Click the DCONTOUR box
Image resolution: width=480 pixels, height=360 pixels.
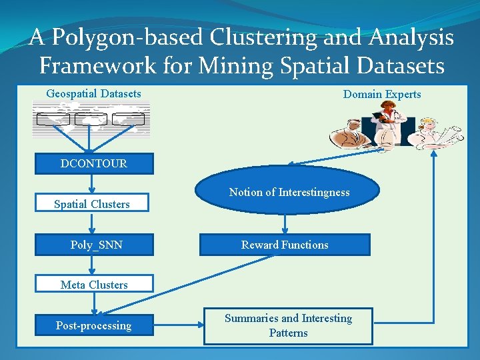click(93, 164)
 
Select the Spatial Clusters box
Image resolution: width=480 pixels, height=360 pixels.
click(92, 204)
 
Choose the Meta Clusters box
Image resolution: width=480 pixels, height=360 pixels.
click(94, 285)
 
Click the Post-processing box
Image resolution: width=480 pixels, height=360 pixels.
click(94, 325)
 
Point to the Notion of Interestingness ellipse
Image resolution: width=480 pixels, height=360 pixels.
click(289, 192)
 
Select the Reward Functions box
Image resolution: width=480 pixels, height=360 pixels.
click(285, 245)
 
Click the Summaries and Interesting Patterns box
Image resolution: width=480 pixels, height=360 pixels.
click(288, 326)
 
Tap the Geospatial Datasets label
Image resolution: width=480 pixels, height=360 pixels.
click(93, 93)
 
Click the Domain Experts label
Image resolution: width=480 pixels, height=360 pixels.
click(382, 94)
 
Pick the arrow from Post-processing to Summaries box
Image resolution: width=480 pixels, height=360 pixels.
click(178, 325)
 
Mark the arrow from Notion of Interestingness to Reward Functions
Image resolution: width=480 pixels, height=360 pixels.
click(285, 223)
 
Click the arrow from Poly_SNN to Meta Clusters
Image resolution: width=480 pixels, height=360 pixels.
click(93, 265)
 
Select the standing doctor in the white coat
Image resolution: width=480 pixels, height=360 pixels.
click(386, 126)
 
